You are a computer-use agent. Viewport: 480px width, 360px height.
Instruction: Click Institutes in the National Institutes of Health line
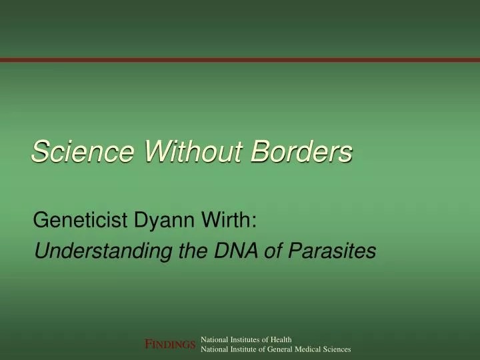pyautogui.click(x=243, y=339)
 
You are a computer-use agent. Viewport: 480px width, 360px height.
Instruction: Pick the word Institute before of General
pyautogui.click(x=241, y=349)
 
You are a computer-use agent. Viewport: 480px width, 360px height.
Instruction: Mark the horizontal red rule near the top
pyautogui.click(x=240, y=60)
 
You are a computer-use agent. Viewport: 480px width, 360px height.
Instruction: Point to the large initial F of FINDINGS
pyautogui.click(x=150, y=344)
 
